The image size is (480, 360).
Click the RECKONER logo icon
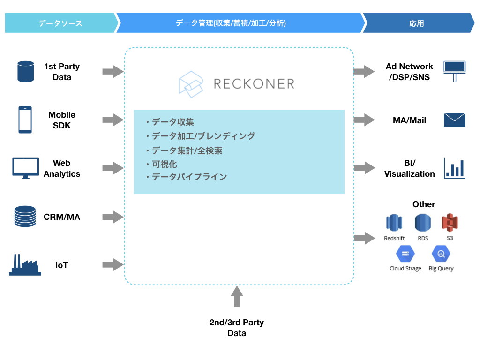tap(191, 84)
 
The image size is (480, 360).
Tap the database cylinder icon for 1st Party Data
tap(25, 72)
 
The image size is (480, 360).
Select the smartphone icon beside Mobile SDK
tap(25, 120)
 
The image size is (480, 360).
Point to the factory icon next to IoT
tap(25, 265)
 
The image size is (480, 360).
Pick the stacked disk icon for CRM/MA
tap(25, 217)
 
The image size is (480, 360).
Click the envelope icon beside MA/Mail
tap(454, 120)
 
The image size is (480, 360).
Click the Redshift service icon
tap(394, 223)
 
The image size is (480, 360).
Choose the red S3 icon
tap(450, 223)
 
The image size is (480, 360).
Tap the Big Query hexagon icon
tap(441, 255)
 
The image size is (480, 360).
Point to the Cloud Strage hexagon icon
tap(405, 255)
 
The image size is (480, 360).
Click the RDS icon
tap(423, 223)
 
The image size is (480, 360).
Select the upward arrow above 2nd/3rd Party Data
tap(237, 297)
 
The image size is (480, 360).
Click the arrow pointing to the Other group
tap(364, 238)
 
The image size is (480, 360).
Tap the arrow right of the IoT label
tap(112, 265)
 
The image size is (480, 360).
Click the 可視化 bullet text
tap(165, 164)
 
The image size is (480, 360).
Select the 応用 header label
tap(416, 23)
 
